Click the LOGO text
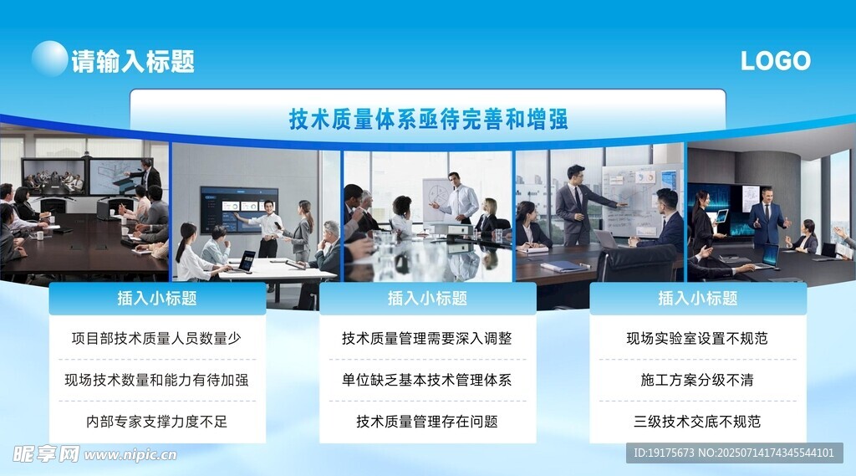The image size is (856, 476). [775, 61]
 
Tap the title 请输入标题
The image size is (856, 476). [133, 61]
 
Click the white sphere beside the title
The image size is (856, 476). [49, 58]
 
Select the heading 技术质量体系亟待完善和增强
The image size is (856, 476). [429, 119]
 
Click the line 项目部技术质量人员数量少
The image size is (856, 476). [156, 338]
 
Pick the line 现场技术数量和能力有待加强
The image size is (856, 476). [156, 380]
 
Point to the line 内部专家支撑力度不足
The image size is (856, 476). [156, 422]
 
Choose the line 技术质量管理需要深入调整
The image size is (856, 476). [427, 338]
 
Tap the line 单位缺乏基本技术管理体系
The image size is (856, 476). [427, 380]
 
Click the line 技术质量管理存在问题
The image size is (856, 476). [427, 422]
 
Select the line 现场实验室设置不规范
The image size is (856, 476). [697, 338]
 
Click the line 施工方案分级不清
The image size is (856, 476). [697, 380]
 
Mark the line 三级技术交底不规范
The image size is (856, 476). [697, 422]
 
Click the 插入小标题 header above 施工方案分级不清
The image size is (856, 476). [698, 298]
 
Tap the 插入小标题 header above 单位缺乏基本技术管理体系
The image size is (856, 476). [427, 298]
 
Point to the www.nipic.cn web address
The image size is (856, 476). [130, 455]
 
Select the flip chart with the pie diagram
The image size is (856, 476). [441, 200]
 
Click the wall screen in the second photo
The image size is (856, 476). [239, 209]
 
